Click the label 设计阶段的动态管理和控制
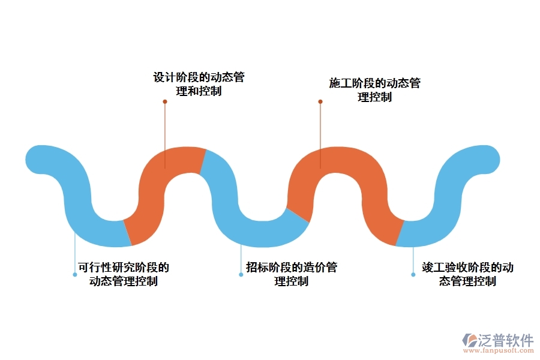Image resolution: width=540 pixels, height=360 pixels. tap(199, 85)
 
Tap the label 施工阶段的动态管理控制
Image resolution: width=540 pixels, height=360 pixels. tap(374, 90)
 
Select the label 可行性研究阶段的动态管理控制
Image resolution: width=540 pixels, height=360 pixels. tap(123, 274)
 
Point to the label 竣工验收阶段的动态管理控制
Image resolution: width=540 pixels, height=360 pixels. tap(467, 274)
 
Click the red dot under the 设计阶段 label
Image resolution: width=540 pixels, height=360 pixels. tap(165, 101)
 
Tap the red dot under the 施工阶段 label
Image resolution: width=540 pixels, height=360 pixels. tap(320, 101)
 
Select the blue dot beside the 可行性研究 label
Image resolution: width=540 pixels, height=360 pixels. tap(74, 274)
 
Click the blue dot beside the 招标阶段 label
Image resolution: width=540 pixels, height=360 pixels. tap(241, 274)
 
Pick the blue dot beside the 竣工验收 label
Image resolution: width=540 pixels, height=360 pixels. tap(413, 274)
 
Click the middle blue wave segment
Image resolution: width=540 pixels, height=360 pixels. tap(240, 210)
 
